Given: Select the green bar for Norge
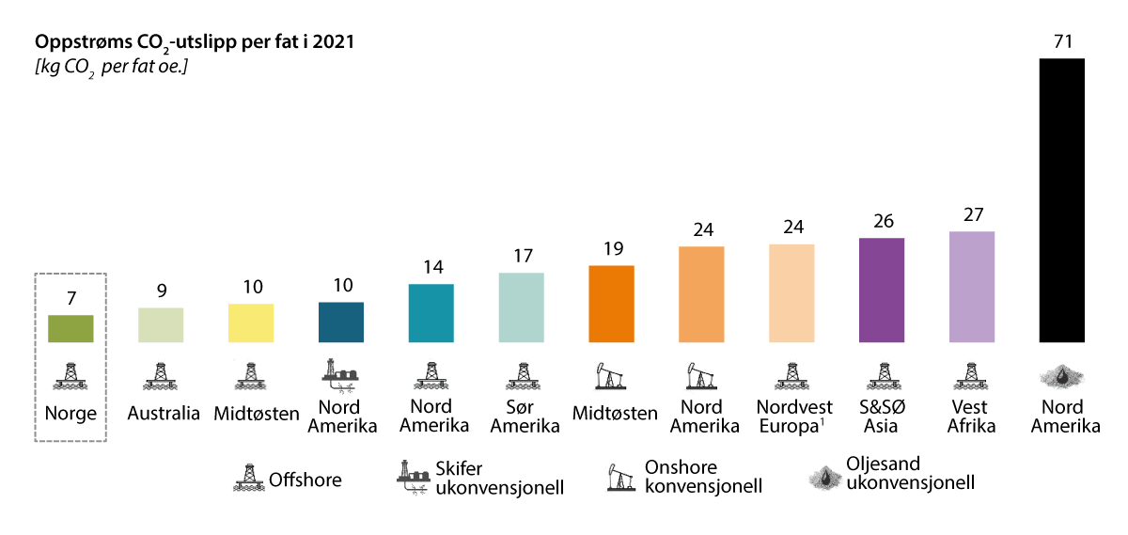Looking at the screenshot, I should click(x=70, y=328).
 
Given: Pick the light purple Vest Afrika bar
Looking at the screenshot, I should click(x=972, y=287).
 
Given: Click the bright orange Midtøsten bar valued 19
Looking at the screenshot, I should click(x=611, y=304).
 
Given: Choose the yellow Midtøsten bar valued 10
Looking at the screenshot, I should click(x=251, y=323).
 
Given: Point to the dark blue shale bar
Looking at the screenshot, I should click(x=341, y=322).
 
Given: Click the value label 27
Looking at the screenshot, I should click(x=972, y=213).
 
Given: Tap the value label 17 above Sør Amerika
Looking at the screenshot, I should click(x=521, y=255).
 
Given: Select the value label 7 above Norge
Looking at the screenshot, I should click(x=70, y=297).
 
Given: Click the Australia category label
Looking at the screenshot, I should click(x=164, y=414).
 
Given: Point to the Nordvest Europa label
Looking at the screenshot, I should click(x=792, y=416).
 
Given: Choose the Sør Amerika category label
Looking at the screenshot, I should click(x=521, y=416).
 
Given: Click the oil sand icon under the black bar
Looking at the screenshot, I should click(x=1061, y=375).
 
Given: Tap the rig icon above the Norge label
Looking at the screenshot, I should click(x=70, y=375).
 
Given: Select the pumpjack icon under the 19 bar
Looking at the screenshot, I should click(x=611, y=375).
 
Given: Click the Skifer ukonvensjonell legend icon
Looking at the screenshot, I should click(x=414, y=479).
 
